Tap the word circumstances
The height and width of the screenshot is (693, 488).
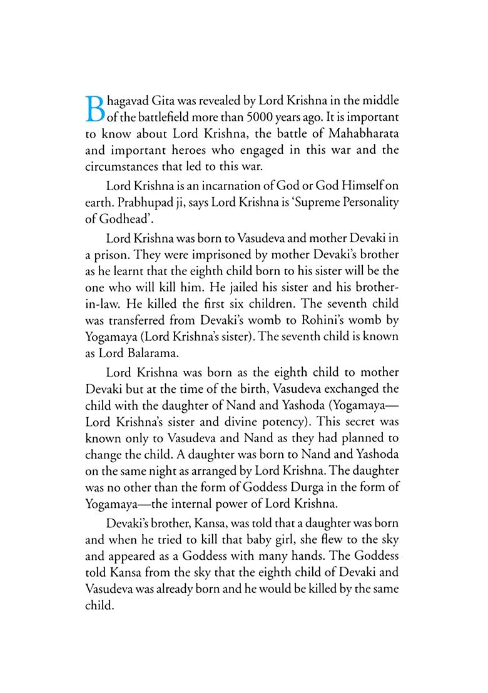[x=121, y=166]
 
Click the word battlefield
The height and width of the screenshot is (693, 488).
[x=143, y=116]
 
